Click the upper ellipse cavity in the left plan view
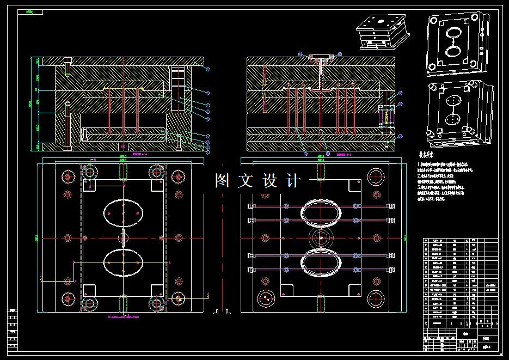[x=123, y=212]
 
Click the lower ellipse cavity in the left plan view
[x=123, y=262]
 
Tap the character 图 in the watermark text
[x=222, y=180]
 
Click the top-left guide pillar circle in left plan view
[x=90, y=172]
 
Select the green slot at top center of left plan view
[x=124, y=172]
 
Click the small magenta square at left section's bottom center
[x=124, y=147]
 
